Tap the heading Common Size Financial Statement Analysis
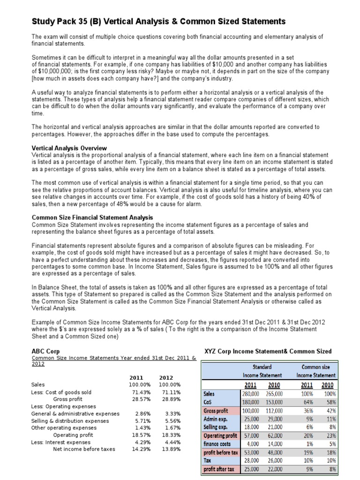pyautogui.click(x=92, y=217)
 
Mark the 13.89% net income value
pyautogui.click(x=169, y=449)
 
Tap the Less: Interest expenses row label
pyautogui.click(x=61, y=442)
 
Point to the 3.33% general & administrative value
pyautogui.click(x=171, y=413)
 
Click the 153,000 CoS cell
pyautogui.click(x=274, y=402)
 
